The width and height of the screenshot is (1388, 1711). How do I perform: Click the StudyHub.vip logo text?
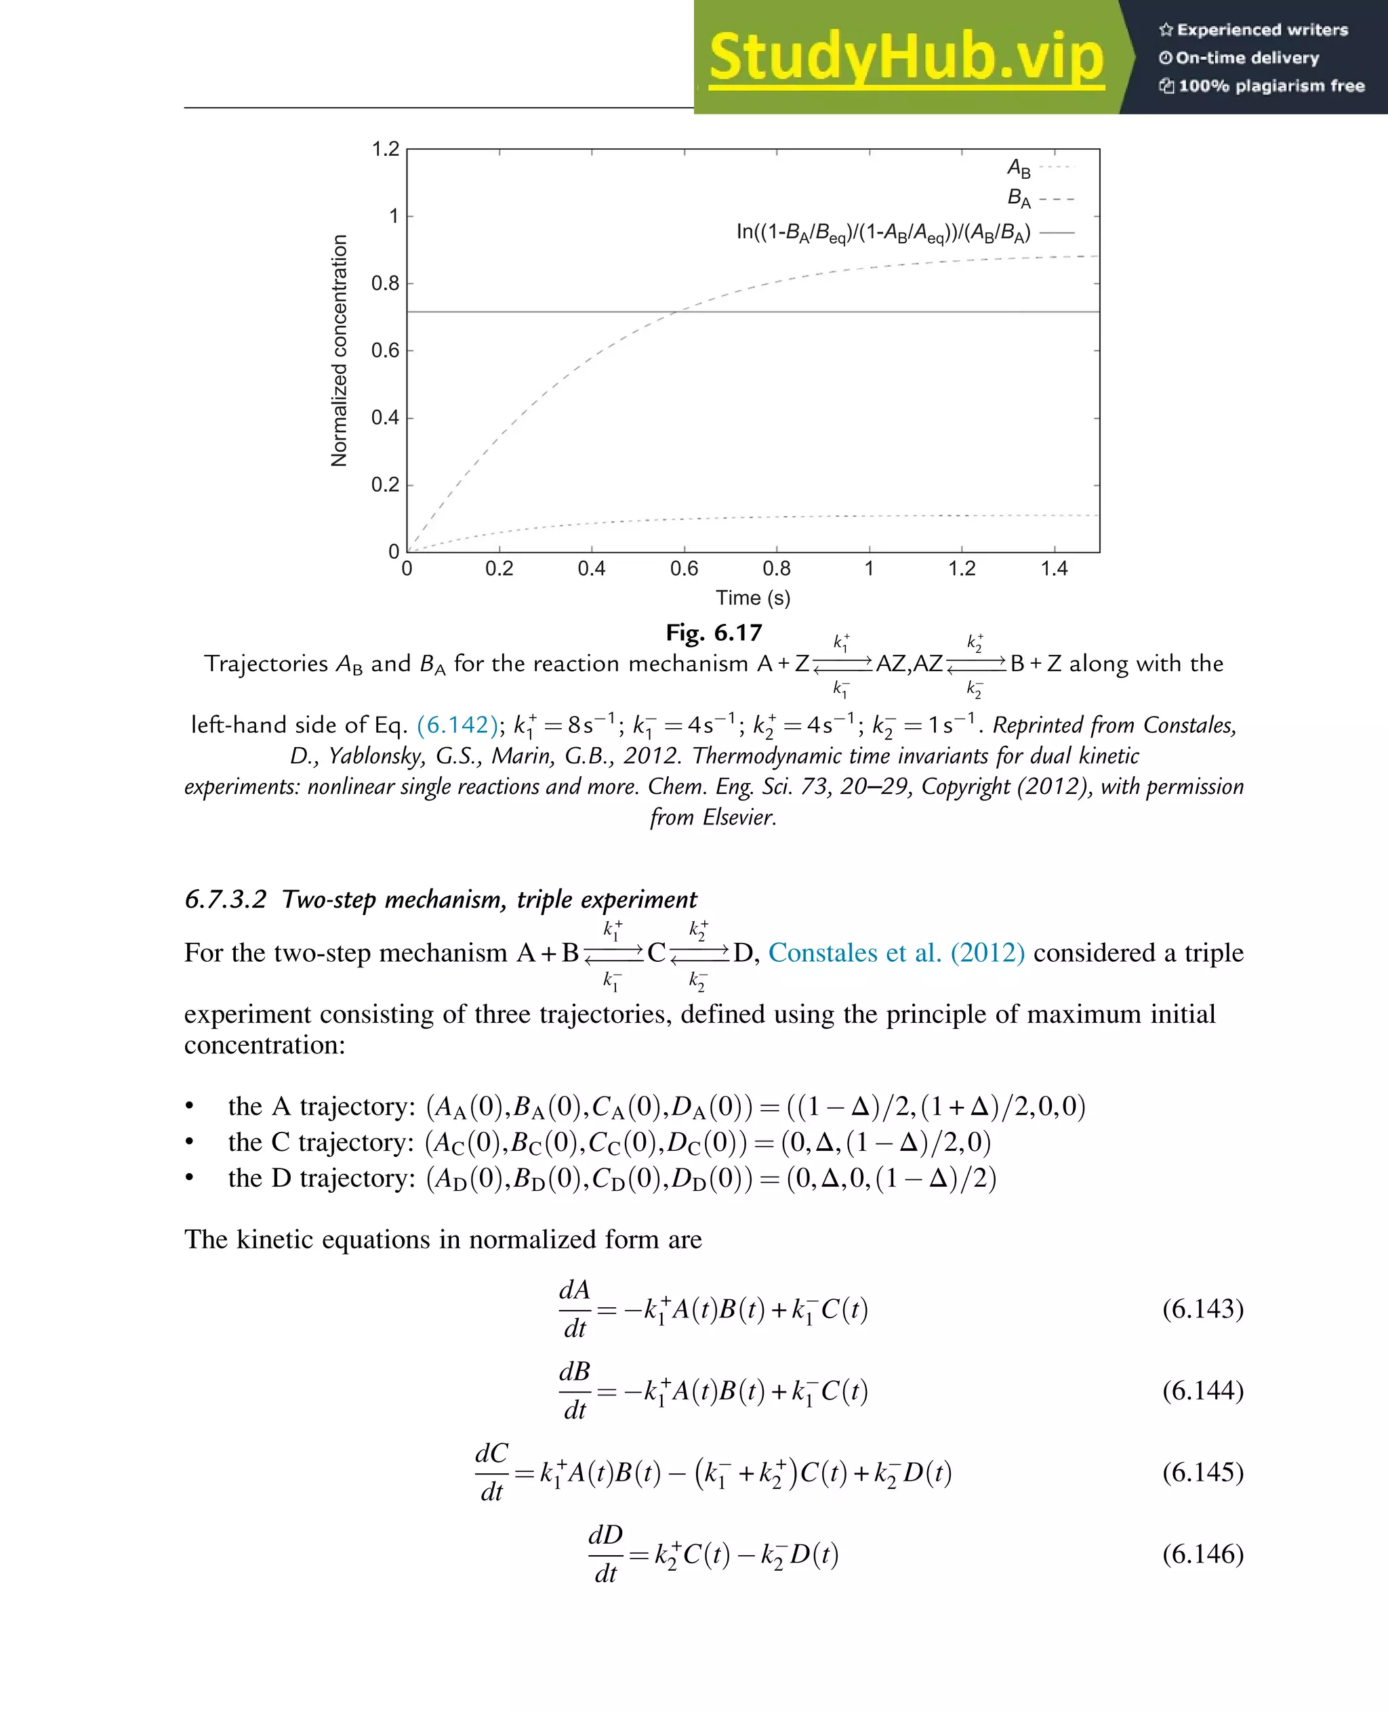[906, 58]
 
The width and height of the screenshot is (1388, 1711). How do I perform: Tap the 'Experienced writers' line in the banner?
[1254, 30]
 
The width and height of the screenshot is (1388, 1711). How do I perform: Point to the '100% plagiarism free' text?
[1263, 85]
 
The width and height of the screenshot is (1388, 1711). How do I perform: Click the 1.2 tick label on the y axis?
[386, 150]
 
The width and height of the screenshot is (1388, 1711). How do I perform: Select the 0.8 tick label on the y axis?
[386, 283]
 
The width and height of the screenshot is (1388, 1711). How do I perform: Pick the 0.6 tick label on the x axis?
[684, 568]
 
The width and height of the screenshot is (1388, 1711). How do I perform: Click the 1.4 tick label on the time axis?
[1054, 568]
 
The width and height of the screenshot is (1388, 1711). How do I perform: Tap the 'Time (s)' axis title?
[752, 598]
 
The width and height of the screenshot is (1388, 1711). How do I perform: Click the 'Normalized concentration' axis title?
[339, 351]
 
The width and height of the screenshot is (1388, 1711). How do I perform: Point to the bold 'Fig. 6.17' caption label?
[714, 632]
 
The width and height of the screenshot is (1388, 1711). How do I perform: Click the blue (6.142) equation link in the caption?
[457, 725]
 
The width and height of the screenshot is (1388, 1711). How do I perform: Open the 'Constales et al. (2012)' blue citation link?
[895, 952]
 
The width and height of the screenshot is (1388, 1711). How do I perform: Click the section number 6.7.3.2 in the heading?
[225, 899]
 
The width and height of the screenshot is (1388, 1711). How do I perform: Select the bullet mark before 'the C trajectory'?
[190, 1143]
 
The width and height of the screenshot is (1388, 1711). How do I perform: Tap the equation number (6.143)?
[1202, 1308]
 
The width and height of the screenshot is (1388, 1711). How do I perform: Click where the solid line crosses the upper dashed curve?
[676, 312]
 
